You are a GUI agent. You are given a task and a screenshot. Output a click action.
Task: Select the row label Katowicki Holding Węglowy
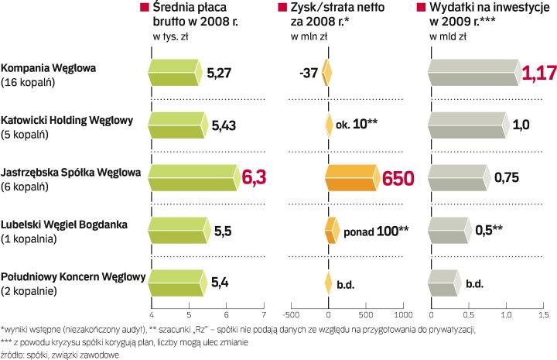(x=67, y=120)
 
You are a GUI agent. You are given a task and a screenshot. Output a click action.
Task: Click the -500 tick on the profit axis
(x=291, y=315)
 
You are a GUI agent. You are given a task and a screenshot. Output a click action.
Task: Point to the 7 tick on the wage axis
(x=264, y=315)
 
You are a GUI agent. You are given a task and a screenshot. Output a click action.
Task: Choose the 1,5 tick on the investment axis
(x=544, y=315)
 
